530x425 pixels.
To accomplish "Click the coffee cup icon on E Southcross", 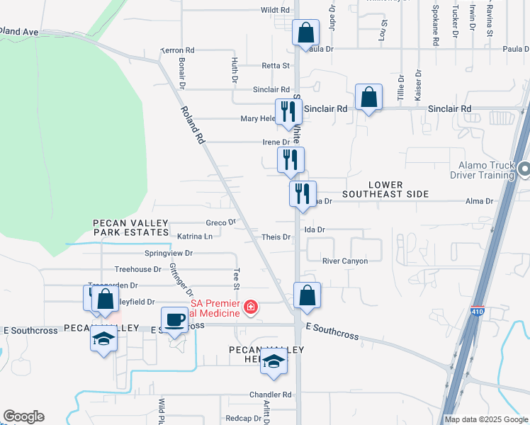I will click(174, 319).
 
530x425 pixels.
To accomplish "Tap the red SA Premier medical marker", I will click(250, 307).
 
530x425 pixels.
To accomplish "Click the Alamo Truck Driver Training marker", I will click(524, 169).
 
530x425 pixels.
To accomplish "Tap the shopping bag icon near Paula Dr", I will click(305, 33).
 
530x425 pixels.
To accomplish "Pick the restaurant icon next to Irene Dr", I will click(291, 159).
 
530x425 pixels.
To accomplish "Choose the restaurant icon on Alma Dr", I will click(303, 193).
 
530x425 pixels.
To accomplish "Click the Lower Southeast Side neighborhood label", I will click(385, 189).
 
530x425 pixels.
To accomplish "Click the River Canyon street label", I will click(345, 261).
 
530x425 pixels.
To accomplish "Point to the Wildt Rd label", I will click(276, 10).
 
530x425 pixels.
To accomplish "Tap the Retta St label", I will click(276, 66).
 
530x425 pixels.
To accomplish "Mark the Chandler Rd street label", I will click(270, 395).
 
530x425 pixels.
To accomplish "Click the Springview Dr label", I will click(169, 253).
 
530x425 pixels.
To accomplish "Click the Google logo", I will click(23, 416).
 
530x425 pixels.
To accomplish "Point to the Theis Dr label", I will click(276, 237).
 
